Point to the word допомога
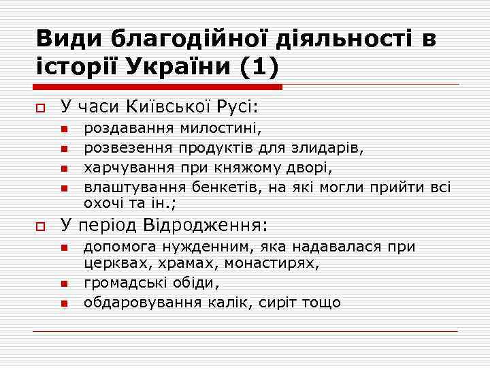[116, 247]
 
